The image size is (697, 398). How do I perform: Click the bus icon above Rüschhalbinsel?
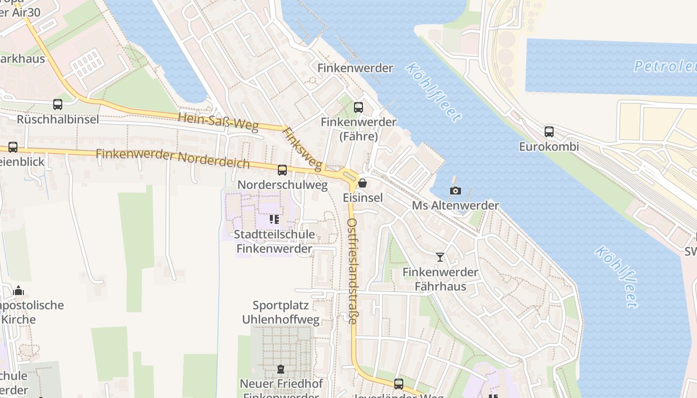coord(58,104)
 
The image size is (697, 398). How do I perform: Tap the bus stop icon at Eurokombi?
coord(549,132)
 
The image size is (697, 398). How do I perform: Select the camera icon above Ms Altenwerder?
coord(455,191)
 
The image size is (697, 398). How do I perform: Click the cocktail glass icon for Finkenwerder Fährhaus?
coord(440,257)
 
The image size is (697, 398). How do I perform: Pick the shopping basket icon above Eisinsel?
coord(362,183)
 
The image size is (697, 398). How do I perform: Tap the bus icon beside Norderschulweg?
coord(282,170)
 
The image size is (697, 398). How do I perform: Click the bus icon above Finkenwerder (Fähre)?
coord(358,107)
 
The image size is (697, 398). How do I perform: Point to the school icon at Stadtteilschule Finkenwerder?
coord(274,219)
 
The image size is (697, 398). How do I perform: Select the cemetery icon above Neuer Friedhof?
coord(281,369)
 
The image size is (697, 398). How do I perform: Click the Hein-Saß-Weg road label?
coord(219,122)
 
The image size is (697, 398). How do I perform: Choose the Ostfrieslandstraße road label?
coord(352,271)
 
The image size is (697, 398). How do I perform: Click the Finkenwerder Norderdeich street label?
coord(173,158)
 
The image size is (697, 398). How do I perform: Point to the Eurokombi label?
coord(549,147)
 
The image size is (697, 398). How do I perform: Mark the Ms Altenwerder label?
coord(455,205)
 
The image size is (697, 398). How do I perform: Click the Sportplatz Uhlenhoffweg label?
coord(281,312)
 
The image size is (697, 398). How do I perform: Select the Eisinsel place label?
coord(363,198)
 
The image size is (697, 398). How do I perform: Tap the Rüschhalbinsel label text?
coord(58,119)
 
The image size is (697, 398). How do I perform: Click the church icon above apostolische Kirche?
coord(18,290)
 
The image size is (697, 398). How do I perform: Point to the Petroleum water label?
coord(665,66)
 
